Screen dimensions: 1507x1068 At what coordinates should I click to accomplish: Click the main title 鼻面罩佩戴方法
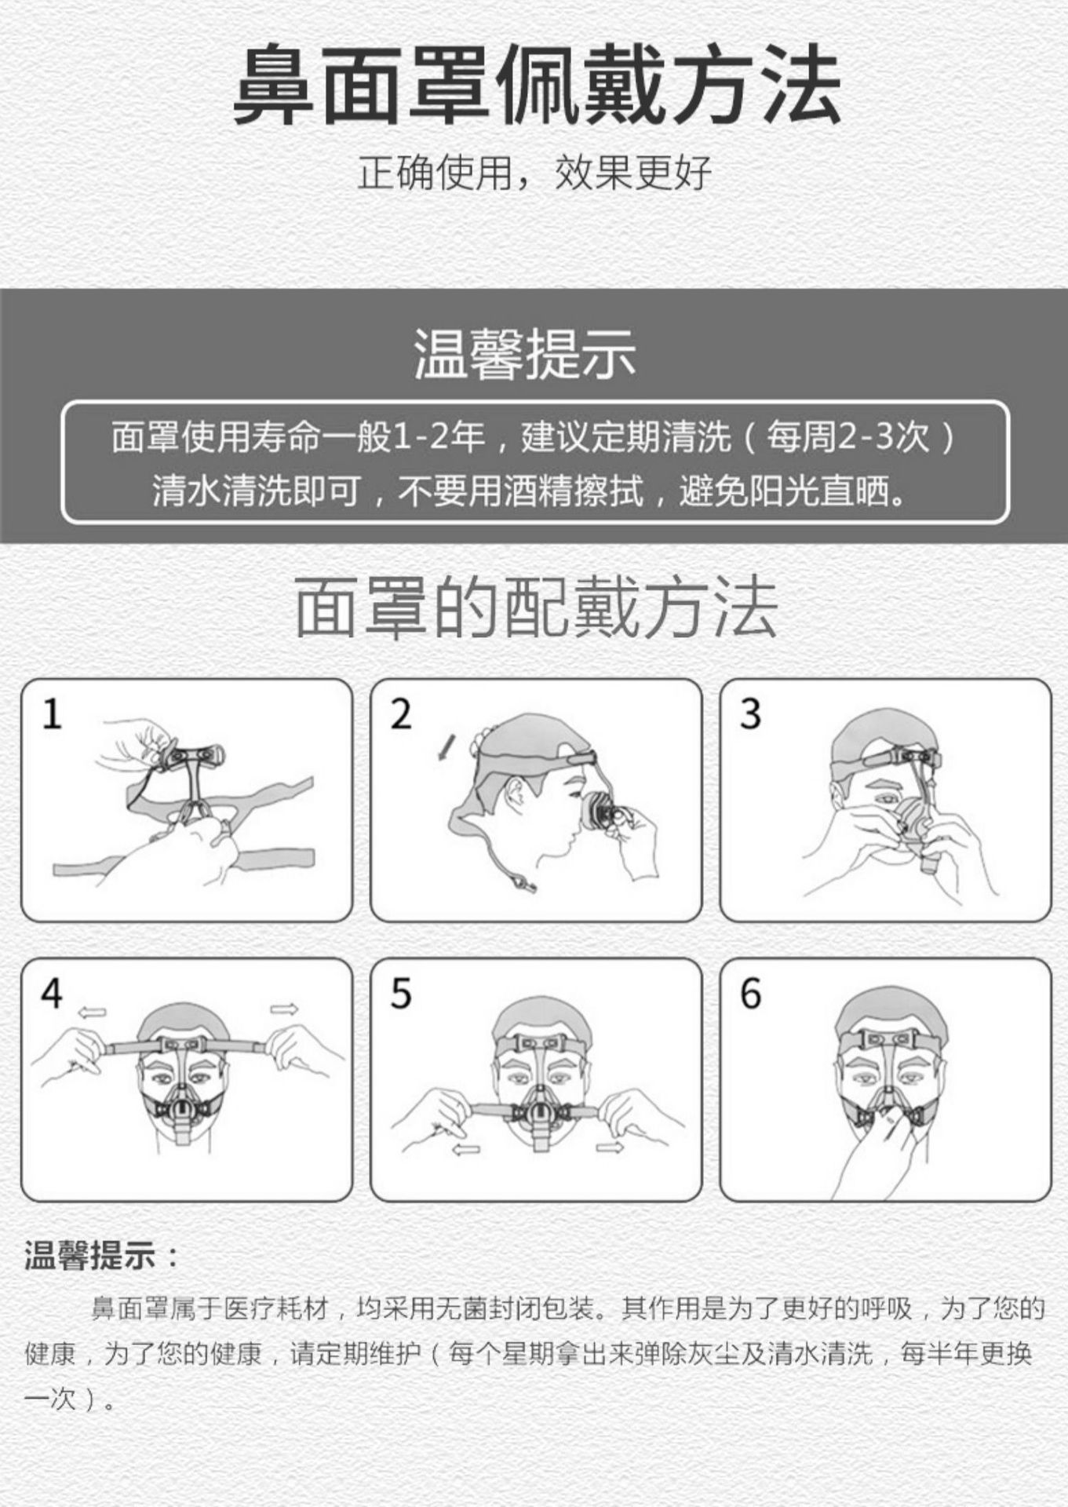537,86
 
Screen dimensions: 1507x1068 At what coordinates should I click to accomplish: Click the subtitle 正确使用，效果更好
534,173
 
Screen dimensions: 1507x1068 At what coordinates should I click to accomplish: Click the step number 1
52,715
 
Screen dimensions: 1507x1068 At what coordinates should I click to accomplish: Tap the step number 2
401,715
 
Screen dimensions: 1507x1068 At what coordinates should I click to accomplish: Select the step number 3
750,714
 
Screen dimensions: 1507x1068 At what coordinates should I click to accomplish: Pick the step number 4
52,994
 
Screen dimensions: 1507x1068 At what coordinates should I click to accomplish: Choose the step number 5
401,994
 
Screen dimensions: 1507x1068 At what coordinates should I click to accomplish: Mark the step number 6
750,994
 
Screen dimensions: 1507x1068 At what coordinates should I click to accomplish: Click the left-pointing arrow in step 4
92,1013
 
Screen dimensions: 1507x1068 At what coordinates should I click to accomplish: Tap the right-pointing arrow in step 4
284,1009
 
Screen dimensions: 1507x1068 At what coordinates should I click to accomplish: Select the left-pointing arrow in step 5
466,1150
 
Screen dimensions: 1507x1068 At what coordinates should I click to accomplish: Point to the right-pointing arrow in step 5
610,1148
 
